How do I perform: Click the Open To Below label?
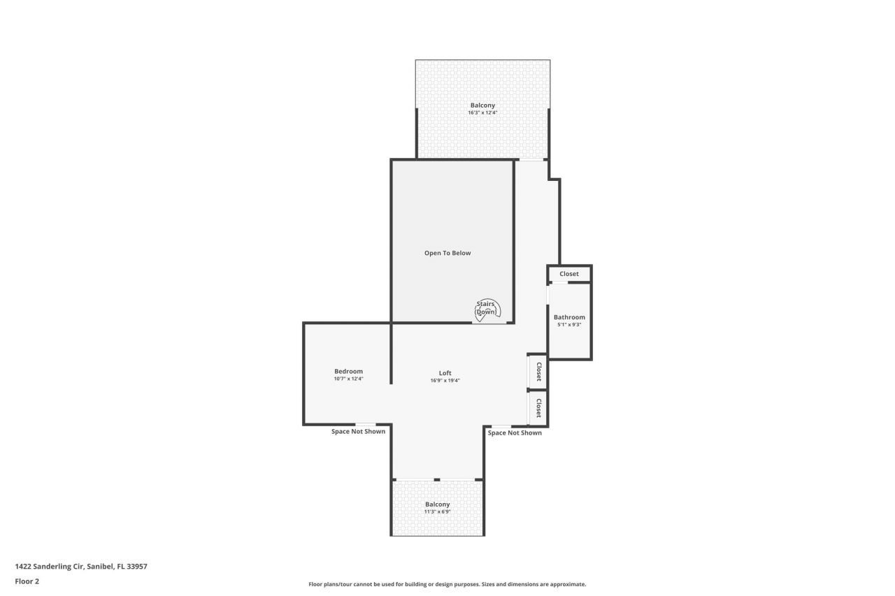[x=447, y=253]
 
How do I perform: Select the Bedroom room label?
[x=348, y=371]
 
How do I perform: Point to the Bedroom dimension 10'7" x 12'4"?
[x=348, y=379]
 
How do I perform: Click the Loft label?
[x=445, y=373]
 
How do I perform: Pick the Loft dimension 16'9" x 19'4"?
[x=445, y=381]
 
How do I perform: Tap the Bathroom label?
[x=569, y=317]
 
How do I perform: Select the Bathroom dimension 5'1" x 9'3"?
[x=569, y=325]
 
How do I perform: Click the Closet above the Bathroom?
[x=569, y=274]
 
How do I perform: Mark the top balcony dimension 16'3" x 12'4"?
[x=482, y=112]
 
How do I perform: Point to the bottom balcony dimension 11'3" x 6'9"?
[x=438, y=511]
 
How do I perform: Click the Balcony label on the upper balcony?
[x=482, y=106]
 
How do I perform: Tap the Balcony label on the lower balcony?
[x=438, y=504]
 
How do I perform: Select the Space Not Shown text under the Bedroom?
[x=358, y=432]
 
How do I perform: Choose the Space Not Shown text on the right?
[x=515, y=433]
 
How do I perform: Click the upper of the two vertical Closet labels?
[x=539, y=371]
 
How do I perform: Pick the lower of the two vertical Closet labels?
[x=539, y=408]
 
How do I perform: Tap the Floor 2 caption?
[x=27, y=581]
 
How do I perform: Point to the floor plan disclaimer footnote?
[x=447, y=584]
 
